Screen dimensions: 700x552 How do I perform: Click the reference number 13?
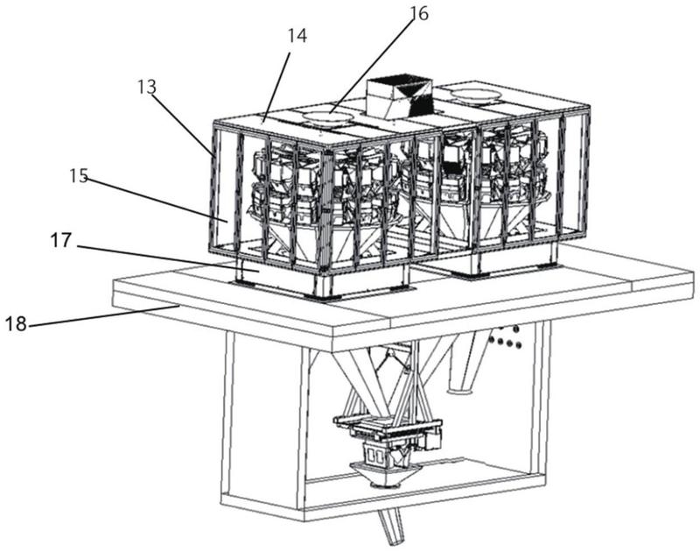tap(146, 87)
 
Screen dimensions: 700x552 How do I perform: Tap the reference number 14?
tap(297, 36)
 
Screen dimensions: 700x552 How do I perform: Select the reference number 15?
tap(79, 175)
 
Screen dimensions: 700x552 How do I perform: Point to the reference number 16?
tap(419, 13)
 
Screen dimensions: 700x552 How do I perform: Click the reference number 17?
tap(60, 241)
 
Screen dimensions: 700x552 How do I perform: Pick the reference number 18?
tap(16, 323)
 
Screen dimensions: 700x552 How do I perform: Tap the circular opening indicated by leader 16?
tap(328, 117)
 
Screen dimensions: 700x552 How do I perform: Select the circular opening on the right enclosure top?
tap(474, 95)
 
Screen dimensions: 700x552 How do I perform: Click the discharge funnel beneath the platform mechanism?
tap(385, 474)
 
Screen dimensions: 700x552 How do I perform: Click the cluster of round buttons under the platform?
tap(506, 338)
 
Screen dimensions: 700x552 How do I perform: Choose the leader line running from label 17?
tap(167, 258)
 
